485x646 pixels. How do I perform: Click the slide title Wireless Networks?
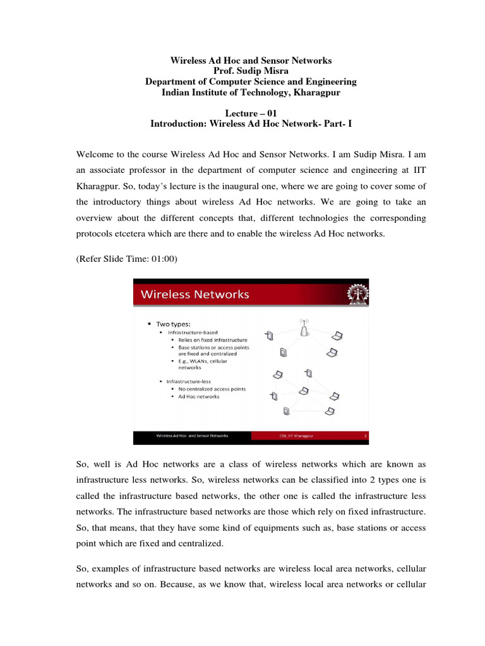click(x=195, y=295)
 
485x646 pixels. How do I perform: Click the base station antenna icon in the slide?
click(x=304, y=327)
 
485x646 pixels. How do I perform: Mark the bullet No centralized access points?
click(x=212, y=389)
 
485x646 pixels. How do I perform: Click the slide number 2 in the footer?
click(x=365, y=435)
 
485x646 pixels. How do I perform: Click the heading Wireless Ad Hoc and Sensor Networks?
click(x=251, y=61)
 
